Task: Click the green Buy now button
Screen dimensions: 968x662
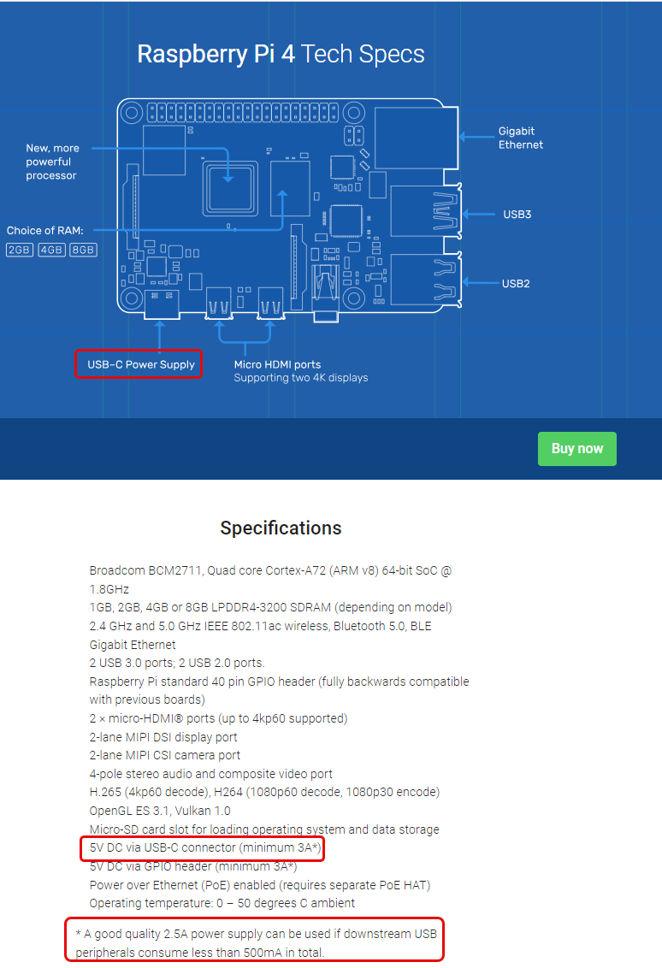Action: [x=576, y=449]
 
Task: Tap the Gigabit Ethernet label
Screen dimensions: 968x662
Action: [x=520, y=138]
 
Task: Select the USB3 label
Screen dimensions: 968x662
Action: [x=517, y=214]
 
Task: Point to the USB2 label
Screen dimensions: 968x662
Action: [x=516, y=283]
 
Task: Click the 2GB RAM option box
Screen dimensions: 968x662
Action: [x=19, y=250]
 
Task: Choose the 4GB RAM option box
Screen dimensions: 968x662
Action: [x=51, y=250]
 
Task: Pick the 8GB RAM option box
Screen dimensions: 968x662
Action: [x=84, y=250]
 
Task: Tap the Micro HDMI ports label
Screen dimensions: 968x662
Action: [x=278, y=364]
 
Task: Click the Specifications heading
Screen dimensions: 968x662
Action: [x=281, y=528]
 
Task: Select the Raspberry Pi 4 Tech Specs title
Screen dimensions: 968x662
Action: [x=281, y=55]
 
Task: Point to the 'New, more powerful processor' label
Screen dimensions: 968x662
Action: [x=52, y=162]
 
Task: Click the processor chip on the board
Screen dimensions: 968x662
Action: [x=228, y=187]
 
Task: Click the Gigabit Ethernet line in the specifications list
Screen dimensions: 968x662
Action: [x=133, y=645]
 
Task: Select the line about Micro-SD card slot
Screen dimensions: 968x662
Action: [x=264, y=829]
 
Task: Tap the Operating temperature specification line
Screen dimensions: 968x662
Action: [x=222, y=903]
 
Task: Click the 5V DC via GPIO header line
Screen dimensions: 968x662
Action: [x=193, y=866]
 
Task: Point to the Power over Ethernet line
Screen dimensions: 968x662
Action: [x=259, y=884]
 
